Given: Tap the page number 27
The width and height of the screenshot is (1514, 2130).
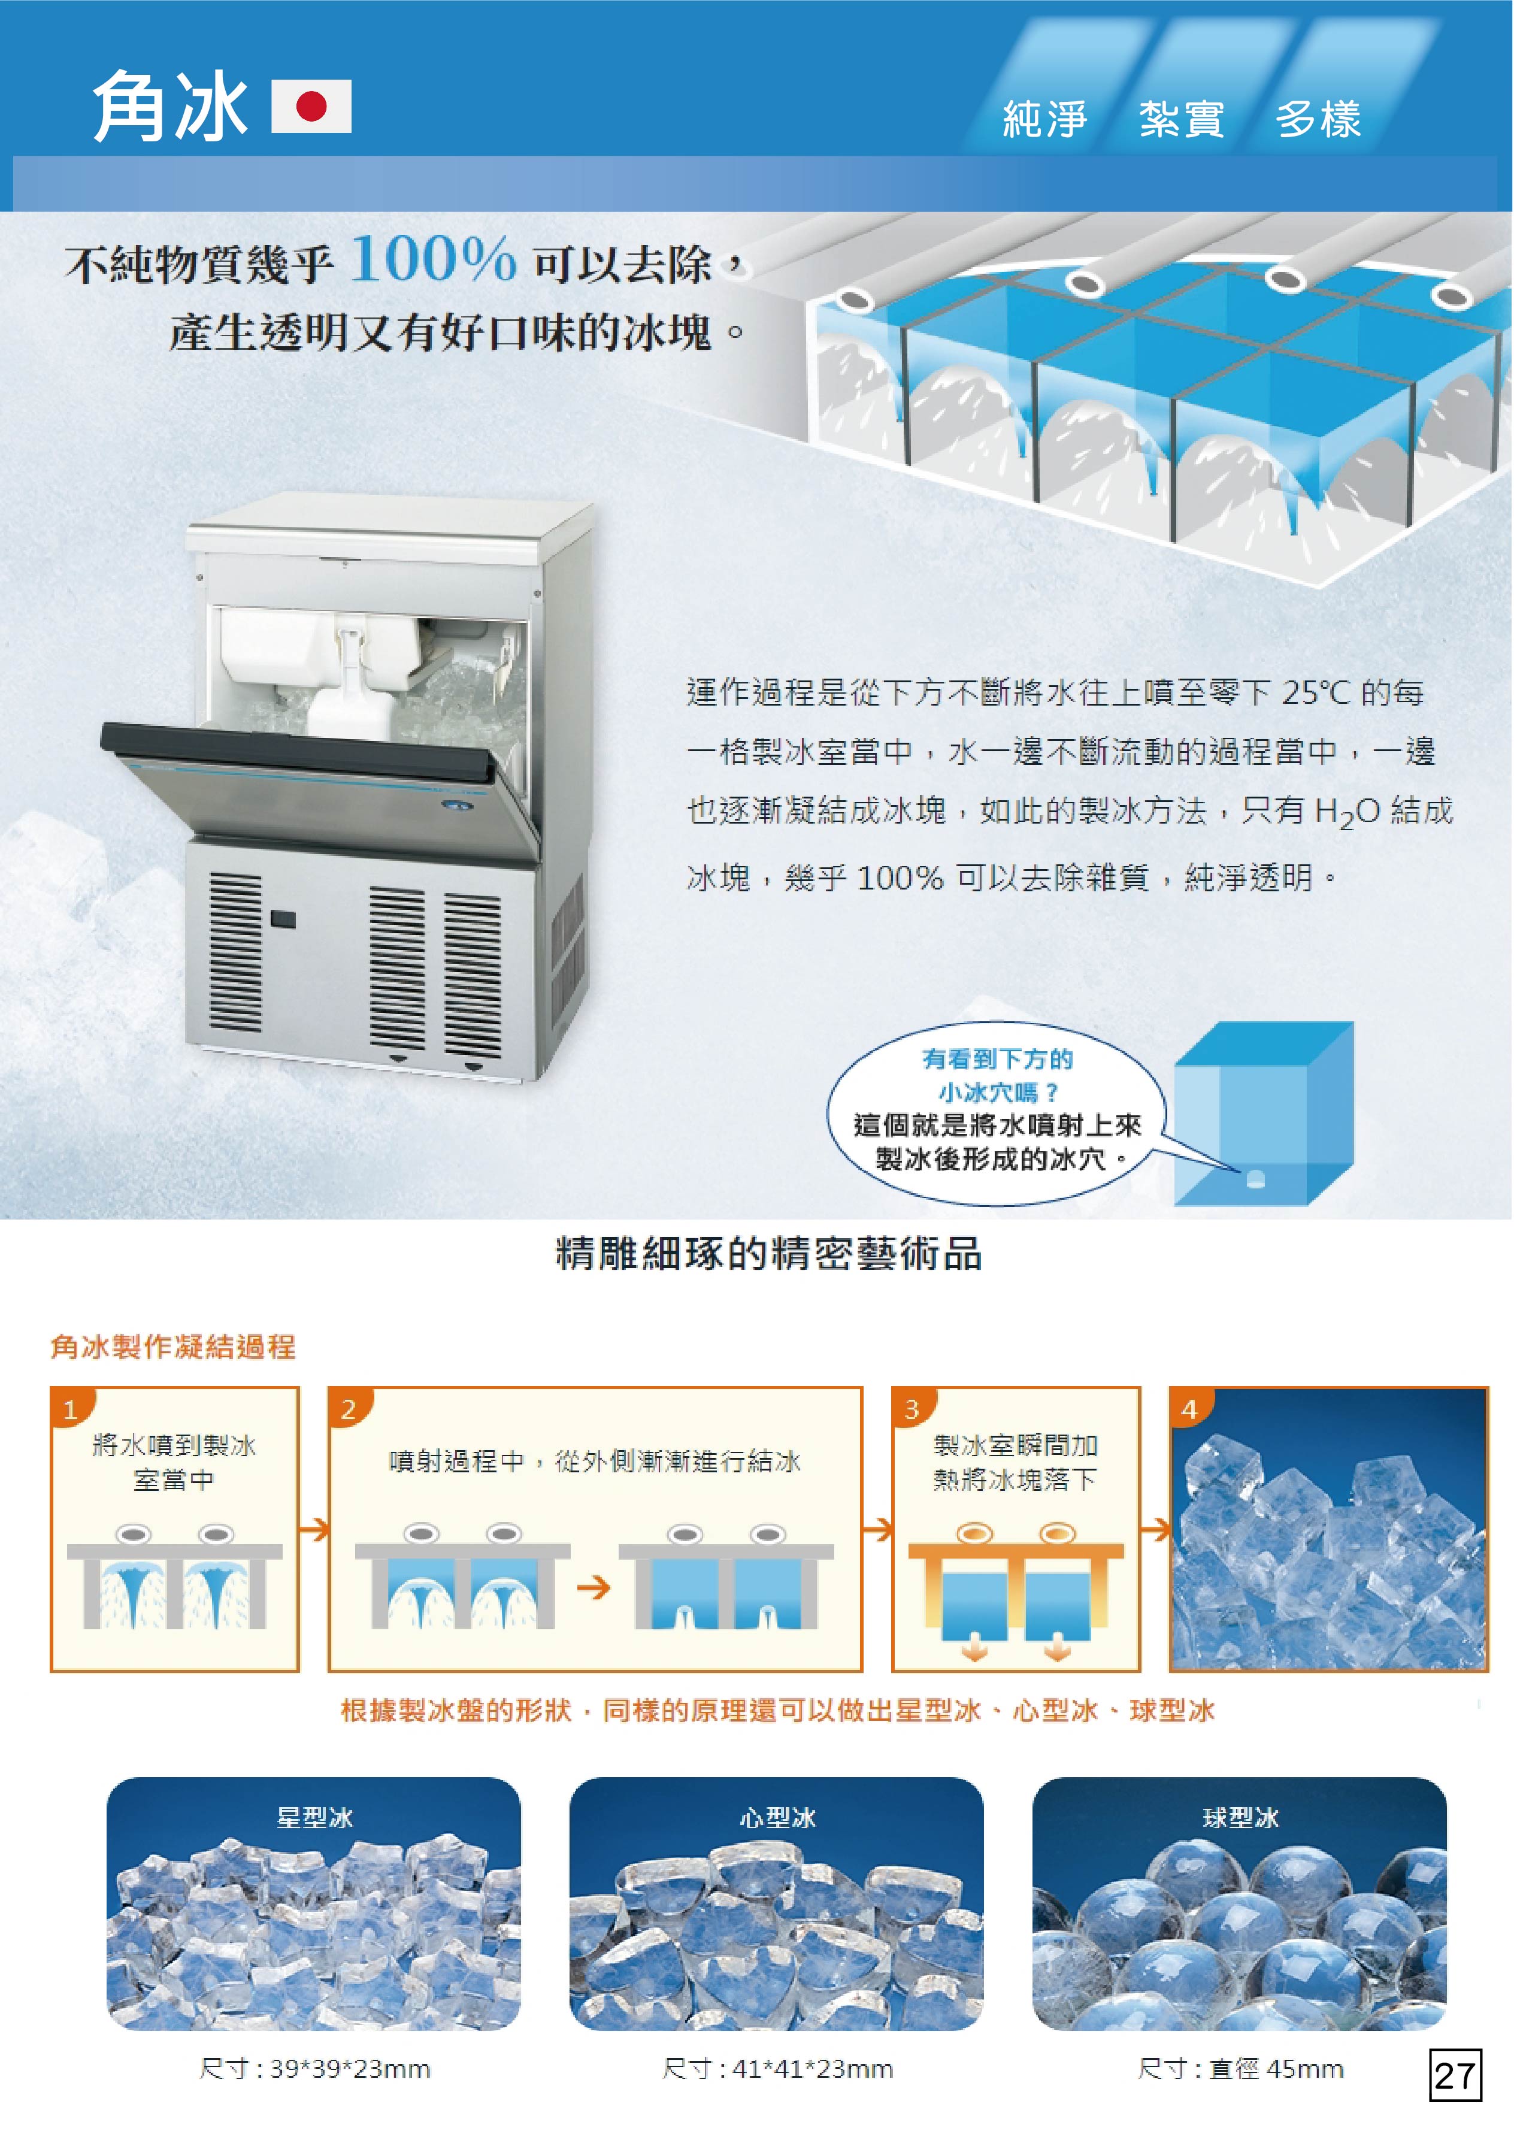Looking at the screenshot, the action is click(1454, 2075).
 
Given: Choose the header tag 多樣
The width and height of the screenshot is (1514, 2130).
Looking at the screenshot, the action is click(1318, 119).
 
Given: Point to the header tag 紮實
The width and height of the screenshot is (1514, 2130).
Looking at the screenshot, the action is click(1181, 119).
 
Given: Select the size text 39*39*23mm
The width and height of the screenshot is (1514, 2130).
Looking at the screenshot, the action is click(350, 2068).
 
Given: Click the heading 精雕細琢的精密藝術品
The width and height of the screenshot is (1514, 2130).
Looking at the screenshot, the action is click(769, 1254).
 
